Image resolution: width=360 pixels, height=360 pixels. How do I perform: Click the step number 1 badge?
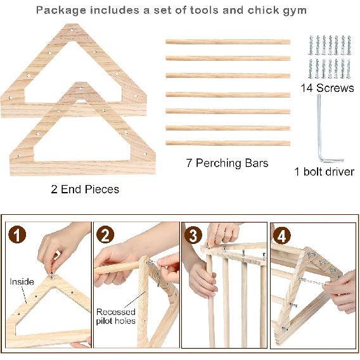click(x=19, y=236)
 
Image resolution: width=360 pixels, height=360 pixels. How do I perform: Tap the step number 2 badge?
click(x=106, y=236)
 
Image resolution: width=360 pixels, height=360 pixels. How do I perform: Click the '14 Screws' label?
click(x=327, y=88)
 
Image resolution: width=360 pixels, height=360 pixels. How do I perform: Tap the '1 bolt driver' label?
click(x=324, y=171)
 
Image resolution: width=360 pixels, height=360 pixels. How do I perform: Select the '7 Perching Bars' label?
click(x=227, y=163)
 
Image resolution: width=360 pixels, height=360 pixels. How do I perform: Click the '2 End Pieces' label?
click(x=84, y=189)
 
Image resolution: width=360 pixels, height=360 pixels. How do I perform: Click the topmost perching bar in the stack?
click(x=228, y=42)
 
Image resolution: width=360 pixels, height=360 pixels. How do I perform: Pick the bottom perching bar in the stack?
click(x=228, y=143)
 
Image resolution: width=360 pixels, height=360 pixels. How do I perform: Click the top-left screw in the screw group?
click(x=311, y=45)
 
